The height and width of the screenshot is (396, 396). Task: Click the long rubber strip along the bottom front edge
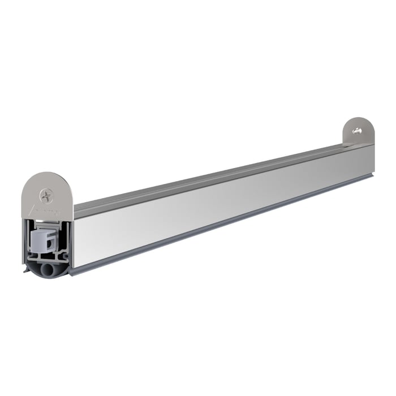point(226,226)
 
